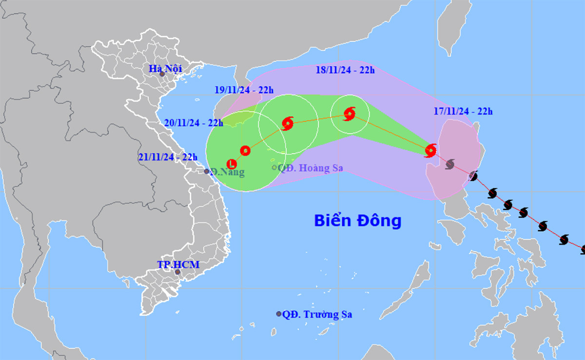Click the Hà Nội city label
pyautogui.click(x=166, y=68)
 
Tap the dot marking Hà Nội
pyautogui.click(x=162, y=74)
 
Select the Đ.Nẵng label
pyautogui.click(x=228, y=172)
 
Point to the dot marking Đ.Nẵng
pyautogui.click(x=207, y=171)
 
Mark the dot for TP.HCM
pyautogui.click(x=177, y=272)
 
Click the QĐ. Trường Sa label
pyautogui.click(x=317, y=315)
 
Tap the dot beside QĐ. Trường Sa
pyautogui.click(x=279, y=314)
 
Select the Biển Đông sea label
pyautogui.click(x=357, y=220)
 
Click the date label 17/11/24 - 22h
pyautogui.click(x=463, y=112)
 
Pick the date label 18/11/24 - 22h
pyautogui.click(x=345, y=70)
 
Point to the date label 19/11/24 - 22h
pyautogui.click(x=244, y=90)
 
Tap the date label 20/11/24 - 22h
pyautogui.click(x=193, y=123)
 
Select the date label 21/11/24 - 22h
pyautogui.click(x=168, y=157)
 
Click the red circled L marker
pyautogui.click(x=232, y=163)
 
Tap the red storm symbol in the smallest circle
pyautogui.click(x=350, y=114)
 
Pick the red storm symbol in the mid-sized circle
pyautogui.click(x=288, y=123)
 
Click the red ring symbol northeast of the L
pyautogui.click(x=245, y=150)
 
